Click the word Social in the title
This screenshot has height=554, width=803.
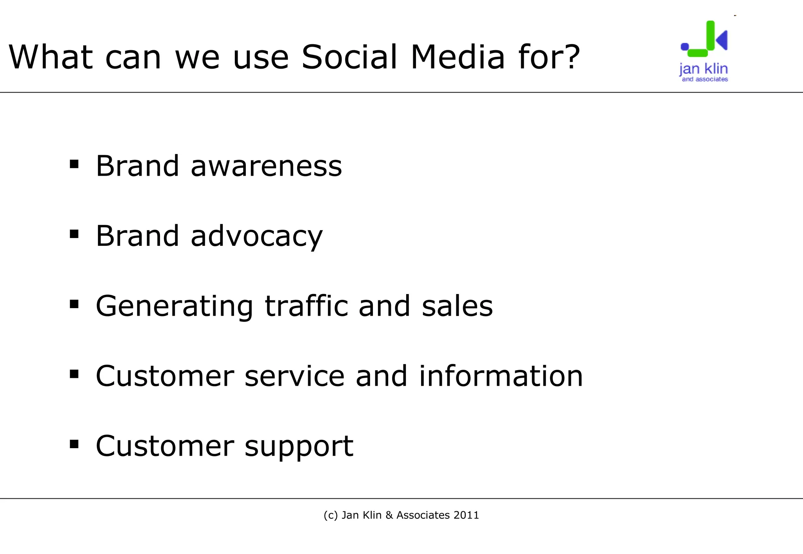(x=349, y=57)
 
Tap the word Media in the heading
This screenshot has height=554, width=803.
(x=457, y=57)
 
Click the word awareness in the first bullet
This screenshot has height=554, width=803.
(x=266, y=166)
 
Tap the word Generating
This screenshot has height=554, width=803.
(x=174, y=307)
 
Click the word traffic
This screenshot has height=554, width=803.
(x=306, y=306)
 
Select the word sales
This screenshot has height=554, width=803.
(x=457, y=307)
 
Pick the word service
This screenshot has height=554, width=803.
(x=294, y=376)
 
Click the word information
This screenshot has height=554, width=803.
(x=501, y=376)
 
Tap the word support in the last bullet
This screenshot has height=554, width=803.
(x=299, y=447)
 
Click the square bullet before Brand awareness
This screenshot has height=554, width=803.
(x=74, y=164)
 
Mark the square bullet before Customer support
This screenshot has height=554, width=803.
(x=74, y=444)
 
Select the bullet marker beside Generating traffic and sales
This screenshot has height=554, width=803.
(x=74, y=304)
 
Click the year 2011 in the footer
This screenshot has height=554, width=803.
(x=466, y=515)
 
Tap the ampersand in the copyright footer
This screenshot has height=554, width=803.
(x=389, y=515)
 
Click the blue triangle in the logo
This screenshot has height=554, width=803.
(x=722, y=40)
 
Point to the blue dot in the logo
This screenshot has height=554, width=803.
(x=685, y=47)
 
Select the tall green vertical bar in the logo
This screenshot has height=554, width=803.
(x=710, y=35)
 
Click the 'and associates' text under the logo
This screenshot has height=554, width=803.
(x=705, y=79)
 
